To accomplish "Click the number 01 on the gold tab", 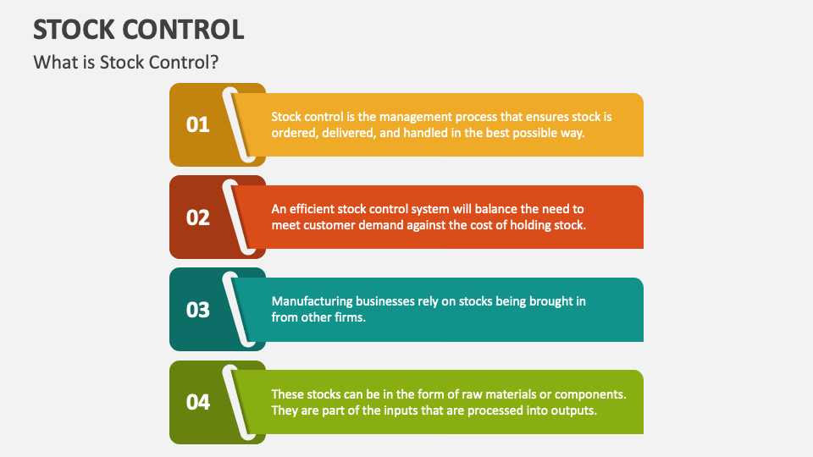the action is (x=198, y=124).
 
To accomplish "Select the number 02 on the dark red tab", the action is (x=198, y=217).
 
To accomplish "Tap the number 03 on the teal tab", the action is (x=198, y=310).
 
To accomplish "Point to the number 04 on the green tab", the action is (x=198, y=402).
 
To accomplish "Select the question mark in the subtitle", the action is (x=214, y=62).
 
